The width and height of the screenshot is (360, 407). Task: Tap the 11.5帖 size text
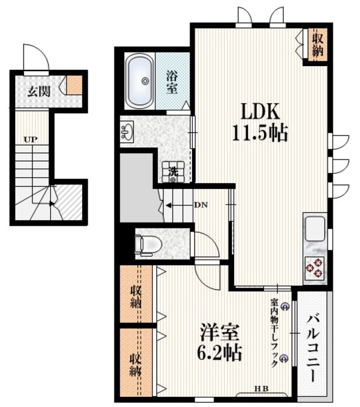tap(260, 133)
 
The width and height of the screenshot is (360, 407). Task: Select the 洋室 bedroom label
tap(219, 333)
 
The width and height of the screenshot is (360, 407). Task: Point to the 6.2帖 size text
tap(219, 352)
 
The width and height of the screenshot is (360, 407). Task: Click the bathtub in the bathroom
tap(140, 81)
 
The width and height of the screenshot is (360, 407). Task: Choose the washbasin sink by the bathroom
tap(127, 132)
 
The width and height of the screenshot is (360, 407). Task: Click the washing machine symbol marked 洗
tap(173, 172)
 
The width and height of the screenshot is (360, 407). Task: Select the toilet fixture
tap(148, 244)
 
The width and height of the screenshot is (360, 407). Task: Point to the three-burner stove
tap(314, 267)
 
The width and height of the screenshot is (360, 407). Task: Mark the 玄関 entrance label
tap(39, 92)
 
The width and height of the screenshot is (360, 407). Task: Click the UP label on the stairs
tap(31, 140)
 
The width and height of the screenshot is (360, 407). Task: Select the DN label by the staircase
tap(201, 205)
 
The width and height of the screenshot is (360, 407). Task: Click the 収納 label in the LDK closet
tap(317, 45)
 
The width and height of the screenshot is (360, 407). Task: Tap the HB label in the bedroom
tap(261, 389)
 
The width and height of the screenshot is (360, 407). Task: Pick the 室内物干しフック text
tap(274, 333)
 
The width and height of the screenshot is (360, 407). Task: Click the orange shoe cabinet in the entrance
tap(74, 85)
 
